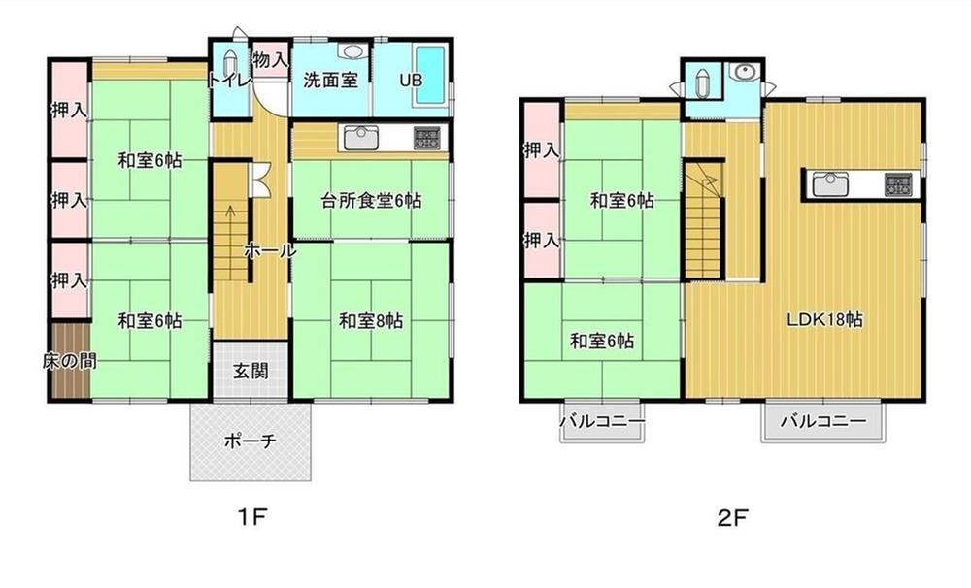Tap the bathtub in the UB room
[430, 76]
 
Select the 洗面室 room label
[331, 80]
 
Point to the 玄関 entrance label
[251, 371]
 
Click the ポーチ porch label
[251, 441]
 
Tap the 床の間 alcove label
[69, 361]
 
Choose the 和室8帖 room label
[371, 320]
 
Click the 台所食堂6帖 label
[372, 201]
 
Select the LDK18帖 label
[824, 319]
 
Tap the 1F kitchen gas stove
[427, 138]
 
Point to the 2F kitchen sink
[830, 183]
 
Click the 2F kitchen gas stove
[898, 183]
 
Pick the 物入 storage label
[271, 59]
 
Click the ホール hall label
[270, 250]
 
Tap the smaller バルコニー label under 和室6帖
[603, 422]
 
